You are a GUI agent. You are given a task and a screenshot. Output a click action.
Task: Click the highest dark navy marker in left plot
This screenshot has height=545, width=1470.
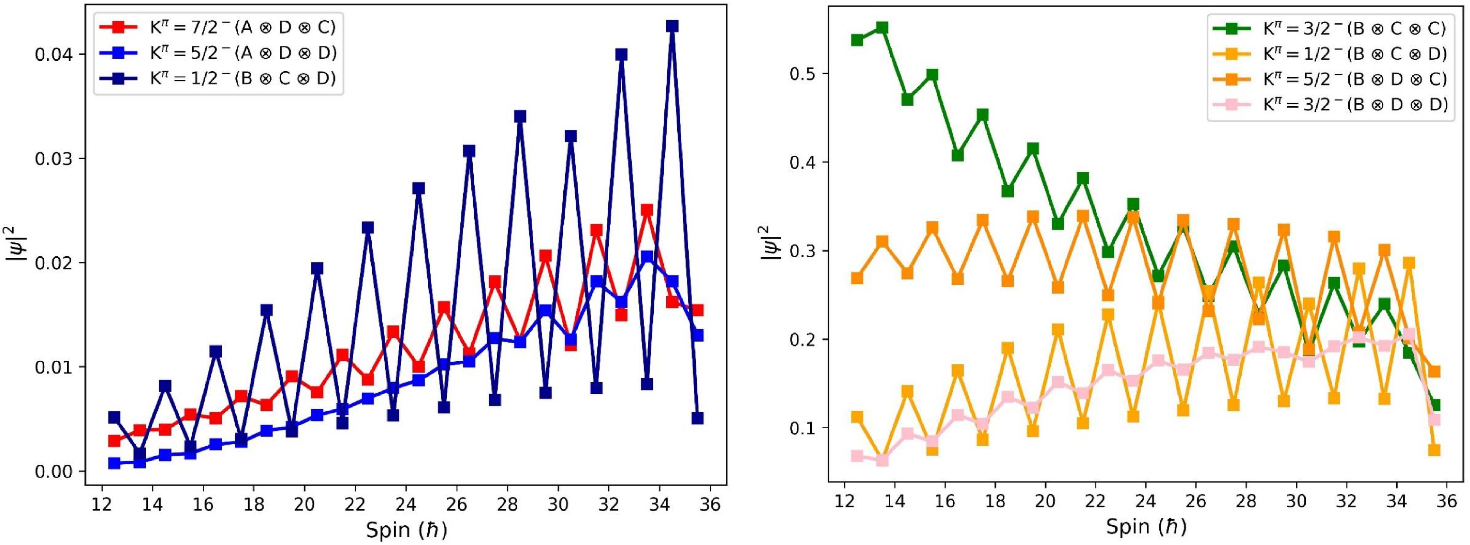[x=672, y=26]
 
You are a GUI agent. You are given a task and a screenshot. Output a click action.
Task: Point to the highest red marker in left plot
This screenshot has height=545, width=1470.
[x=647, y=210]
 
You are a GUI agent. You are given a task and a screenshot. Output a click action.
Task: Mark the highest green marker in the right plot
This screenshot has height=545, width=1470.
[x=882, y=27]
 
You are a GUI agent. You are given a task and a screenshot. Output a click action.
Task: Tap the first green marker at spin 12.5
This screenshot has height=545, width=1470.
[x=857, y=40]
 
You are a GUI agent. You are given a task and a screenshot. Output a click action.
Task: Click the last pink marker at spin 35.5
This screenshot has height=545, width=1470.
[x=1434, y=420]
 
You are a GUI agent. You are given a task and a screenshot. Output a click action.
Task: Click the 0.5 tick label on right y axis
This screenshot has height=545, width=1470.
[x=802, y=74]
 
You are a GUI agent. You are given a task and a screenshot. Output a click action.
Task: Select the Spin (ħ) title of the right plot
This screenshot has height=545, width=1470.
[x=1146, y=526]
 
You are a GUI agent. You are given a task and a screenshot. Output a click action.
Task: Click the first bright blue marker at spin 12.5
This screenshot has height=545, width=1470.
[x=114, y=463]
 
